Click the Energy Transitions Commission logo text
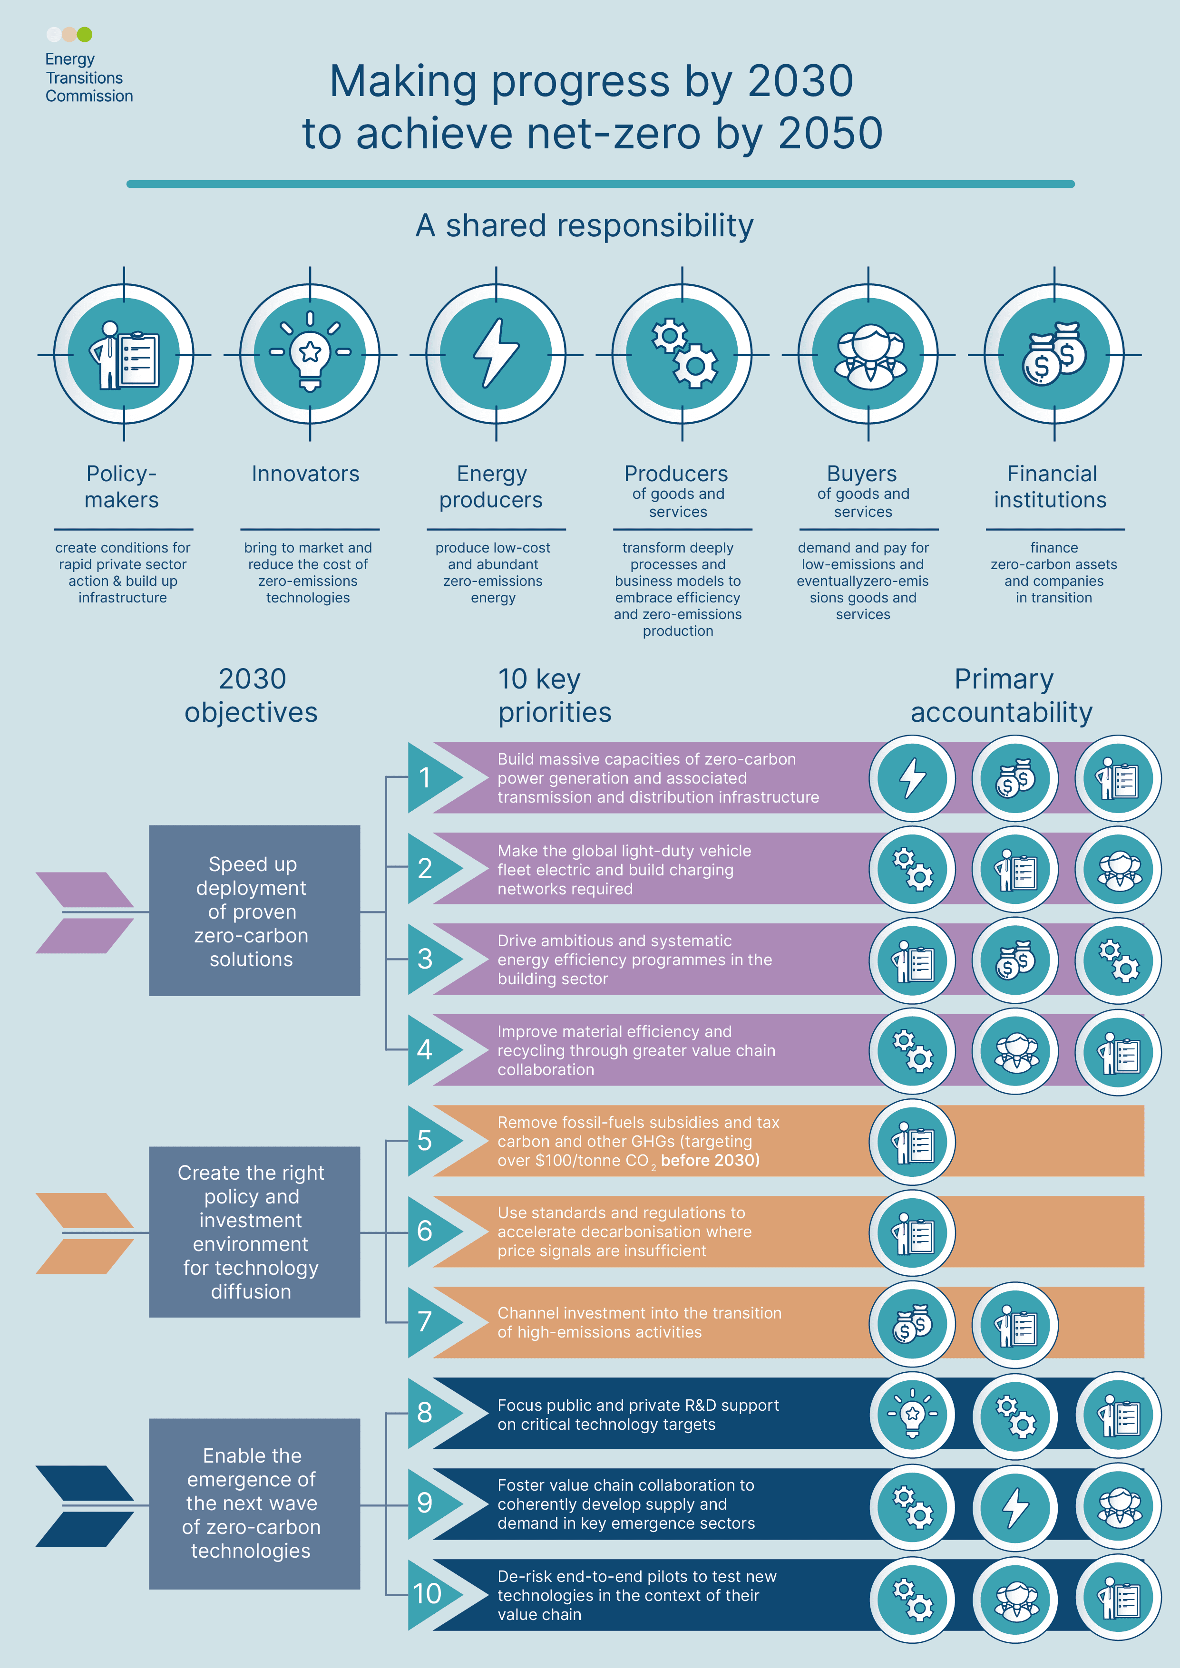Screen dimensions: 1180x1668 tap(88, 78)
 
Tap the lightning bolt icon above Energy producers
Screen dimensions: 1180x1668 tap(496, 354)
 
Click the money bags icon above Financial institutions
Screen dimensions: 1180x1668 tap(1054, 354)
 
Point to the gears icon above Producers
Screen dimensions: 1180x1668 tap(683, 354)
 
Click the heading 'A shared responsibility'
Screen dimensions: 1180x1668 tap(585, 225)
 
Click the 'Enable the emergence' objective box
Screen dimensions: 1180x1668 tap(254, 1504)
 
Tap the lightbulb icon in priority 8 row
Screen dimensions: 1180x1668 tap(913, 1414)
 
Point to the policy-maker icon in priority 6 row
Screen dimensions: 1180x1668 tap(913, 1233)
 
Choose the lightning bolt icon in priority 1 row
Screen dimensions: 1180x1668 tap(913, 778)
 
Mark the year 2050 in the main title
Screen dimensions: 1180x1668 tap(830, 133)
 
